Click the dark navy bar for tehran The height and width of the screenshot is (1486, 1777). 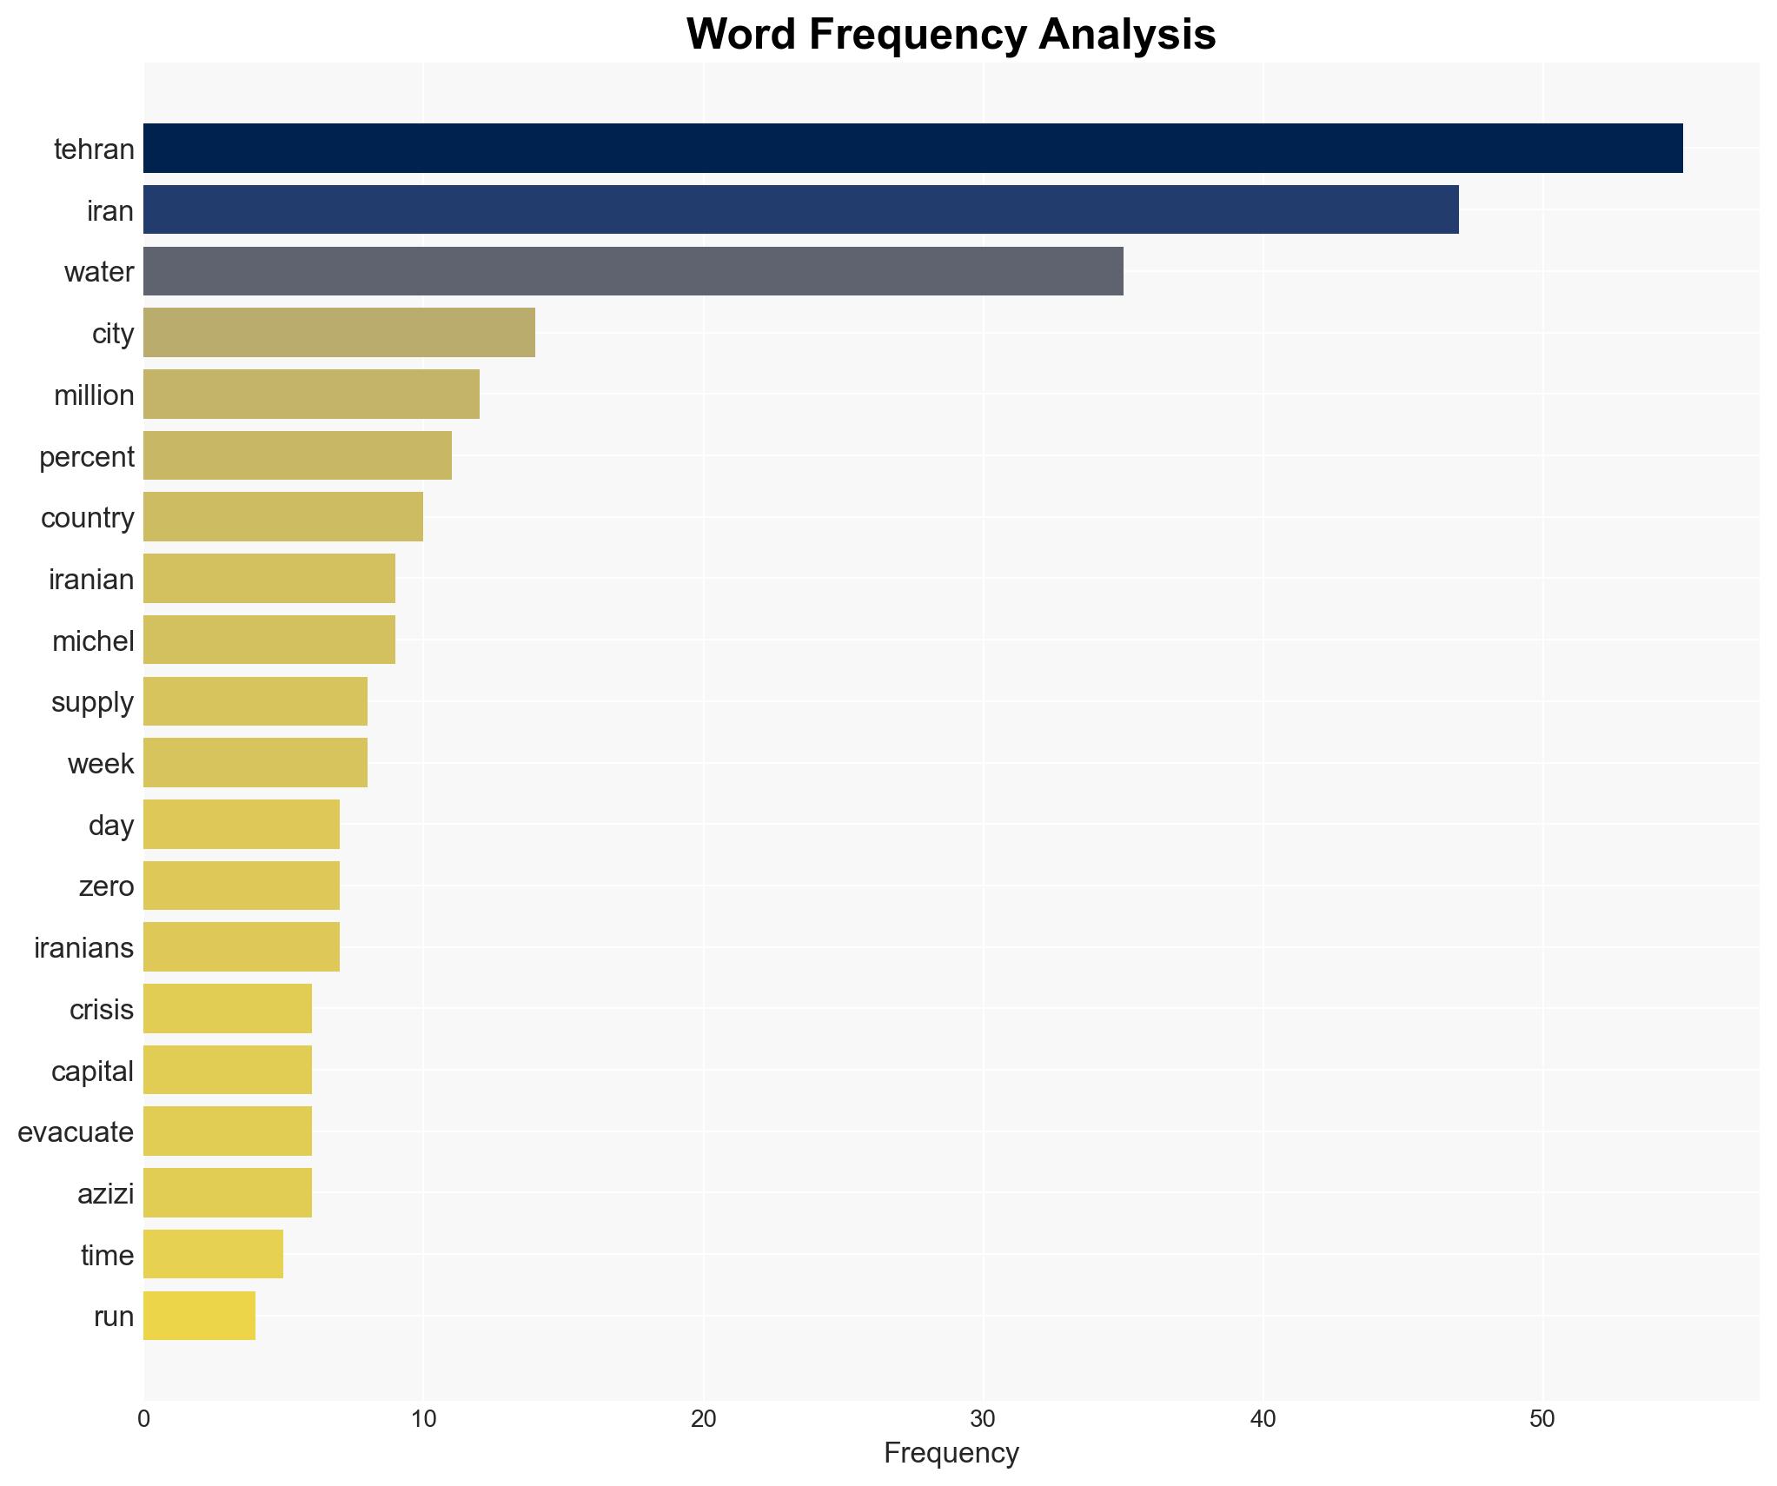tap(912, 149)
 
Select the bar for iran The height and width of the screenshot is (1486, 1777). tap(800, 210)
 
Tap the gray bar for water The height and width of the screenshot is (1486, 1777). tap(633, 271)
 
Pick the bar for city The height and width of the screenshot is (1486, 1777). tap(339, 333)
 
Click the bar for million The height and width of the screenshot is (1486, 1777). tap(311, 395)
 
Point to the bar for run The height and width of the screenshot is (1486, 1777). tap(199, 1316)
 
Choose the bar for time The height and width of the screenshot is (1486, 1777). tap(213, 1254)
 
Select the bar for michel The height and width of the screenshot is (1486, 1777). tap(269, 640)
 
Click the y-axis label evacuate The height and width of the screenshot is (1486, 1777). tap(76, 1131)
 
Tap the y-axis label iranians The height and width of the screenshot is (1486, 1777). tap(83, 947)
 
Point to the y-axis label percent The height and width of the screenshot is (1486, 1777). tap(87, 456)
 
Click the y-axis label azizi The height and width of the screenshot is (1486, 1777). tap(105, 1193)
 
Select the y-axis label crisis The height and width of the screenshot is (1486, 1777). tap(102, 1009)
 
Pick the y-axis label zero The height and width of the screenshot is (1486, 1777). tap(106, 886)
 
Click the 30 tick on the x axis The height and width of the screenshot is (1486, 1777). tap(983, 1419)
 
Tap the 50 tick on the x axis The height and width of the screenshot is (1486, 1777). tap(1542, 1419)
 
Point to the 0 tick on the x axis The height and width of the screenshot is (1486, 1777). tap(143, 1419)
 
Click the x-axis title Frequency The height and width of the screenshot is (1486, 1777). tap(951, 1452)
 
